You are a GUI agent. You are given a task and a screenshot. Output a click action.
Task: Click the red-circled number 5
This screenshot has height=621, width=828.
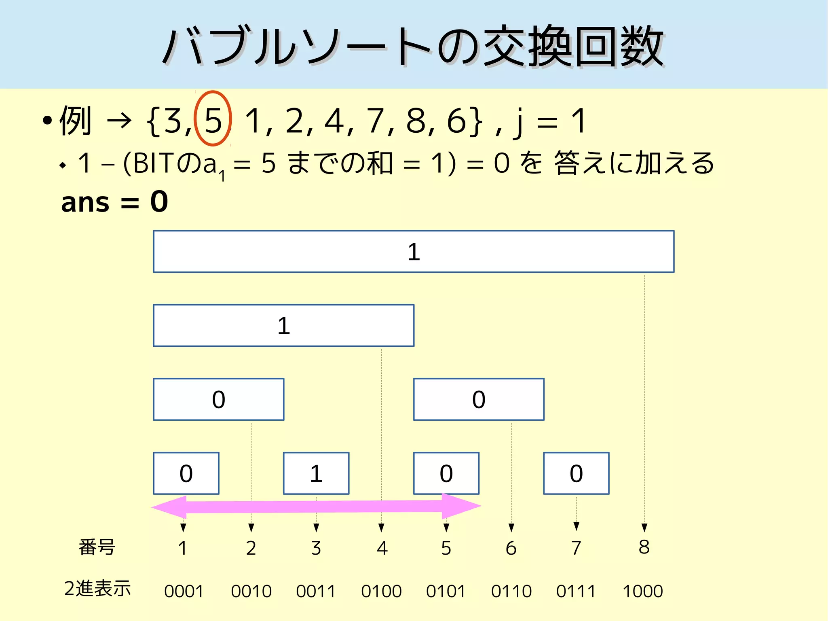[213, 120]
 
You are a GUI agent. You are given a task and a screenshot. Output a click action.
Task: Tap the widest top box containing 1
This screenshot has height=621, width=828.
[413, 251]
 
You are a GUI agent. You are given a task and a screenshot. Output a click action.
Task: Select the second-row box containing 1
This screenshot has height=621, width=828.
[283, 325]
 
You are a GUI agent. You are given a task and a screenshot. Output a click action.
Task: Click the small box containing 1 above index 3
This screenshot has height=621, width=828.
[316, 473]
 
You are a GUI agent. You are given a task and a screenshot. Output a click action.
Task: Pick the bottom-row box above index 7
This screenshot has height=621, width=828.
[576, 473]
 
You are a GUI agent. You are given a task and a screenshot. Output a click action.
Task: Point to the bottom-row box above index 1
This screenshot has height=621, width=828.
[186, 473]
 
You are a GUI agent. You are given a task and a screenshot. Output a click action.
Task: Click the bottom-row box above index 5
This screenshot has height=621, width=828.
[446, 473]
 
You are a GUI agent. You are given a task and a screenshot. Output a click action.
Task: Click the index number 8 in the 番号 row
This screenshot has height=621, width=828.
[644, 547]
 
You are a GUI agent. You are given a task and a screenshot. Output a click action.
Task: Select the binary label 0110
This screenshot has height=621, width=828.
[511, 591]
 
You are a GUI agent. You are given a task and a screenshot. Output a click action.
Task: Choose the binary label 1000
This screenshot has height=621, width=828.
[643, 591]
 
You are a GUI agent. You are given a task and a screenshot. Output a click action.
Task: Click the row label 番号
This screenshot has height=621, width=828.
[97, 547]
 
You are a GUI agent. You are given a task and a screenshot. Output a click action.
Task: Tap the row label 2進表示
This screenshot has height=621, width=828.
[97, 588]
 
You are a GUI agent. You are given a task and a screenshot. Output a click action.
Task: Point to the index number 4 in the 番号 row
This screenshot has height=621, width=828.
[382, 548]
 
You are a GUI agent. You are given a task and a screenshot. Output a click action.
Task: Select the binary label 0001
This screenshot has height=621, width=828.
[184, 591]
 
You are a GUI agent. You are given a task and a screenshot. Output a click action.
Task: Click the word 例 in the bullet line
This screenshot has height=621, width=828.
[76, 120]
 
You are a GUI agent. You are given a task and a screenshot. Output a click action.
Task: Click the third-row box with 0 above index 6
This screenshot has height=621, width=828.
[479, 399]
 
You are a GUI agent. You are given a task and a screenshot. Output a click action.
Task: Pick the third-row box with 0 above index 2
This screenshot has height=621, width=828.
[218, 399]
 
